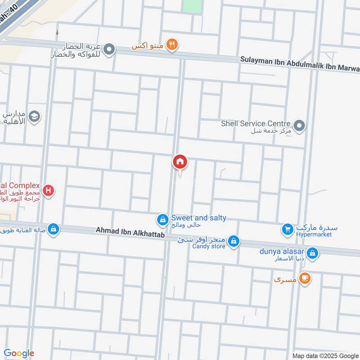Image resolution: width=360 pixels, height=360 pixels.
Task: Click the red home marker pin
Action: (x=180, y=162)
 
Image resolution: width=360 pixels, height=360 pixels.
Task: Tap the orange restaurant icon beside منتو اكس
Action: (x=171, y=45)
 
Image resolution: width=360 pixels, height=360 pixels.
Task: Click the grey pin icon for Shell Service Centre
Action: (x=298, y=125)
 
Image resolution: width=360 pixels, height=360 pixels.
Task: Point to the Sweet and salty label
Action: (x=198, y=218)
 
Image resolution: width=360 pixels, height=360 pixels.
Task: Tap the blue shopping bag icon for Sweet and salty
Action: (x=162, y=220)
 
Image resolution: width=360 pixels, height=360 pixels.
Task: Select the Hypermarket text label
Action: (x=314, y=234)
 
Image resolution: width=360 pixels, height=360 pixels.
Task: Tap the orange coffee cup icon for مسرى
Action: (x=305, y=279)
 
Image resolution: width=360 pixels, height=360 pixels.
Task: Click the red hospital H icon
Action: (x=49, y=191)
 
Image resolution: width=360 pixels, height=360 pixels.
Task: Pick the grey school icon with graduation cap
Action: (x=34, y=117)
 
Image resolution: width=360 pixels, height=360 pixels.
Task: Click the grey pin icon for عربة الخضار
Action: (x=109, y=50)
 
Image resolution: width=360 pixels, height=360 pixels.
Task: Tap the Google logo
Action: (x=19, y=353)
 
